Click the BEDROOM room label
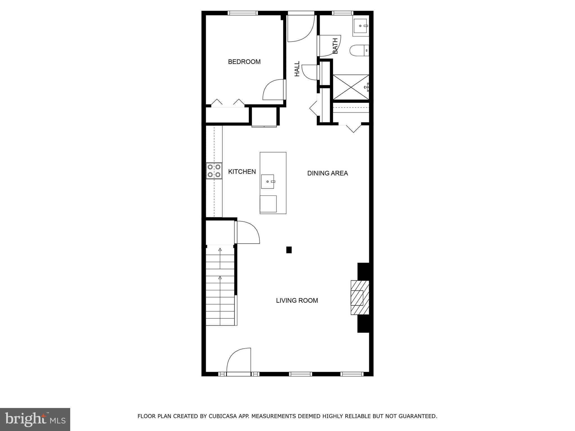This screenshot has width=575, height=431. point(244,62)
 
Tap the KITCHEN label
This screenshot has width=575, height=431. point(242,172)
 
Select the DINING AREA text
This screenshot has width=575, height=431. point(327,173)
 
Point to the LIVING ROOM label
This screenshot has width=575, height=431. point(297,301)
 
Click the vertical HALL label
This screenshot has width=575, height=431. point(297,69)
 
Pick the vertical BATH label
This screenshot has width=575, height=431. point(335,46)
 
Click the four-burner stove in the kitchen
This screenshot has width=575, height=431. point(214,171)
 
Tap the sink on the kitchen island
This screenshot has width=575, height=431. point(267,182)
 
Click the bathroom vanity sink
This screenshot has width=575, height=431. point(361,26)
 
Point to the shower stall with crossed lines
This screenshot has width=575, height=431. point(351,87)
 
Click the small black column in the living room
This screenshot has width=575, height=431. point(289,250)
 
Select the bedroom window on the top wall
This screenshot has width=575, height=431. point(243,13)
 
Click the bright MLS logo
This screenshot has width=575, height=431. point(35,419)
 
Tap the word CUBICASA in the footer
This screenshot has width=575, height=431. point(222,416)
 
